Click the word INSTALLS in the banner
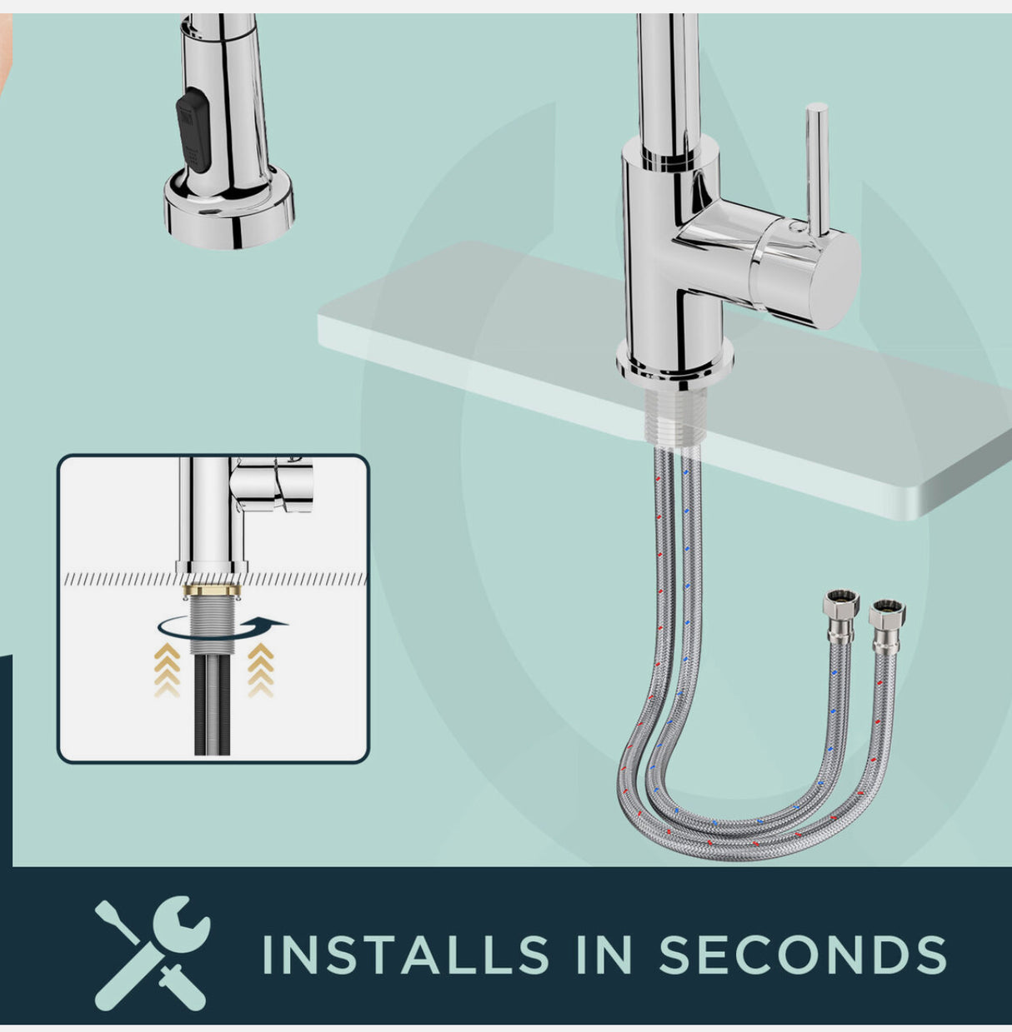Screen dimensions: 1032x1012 pyautogui.click(x=405, y=955)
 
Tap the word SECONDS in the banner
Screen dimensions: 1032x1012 pyautogui.click(x=803, y=955)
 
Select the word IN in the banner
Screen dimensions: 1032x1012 pyautogui.click(x=604, y=955)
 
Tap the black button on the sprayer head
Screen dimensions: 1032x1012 pyautogui.click(x=193, y=131)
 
